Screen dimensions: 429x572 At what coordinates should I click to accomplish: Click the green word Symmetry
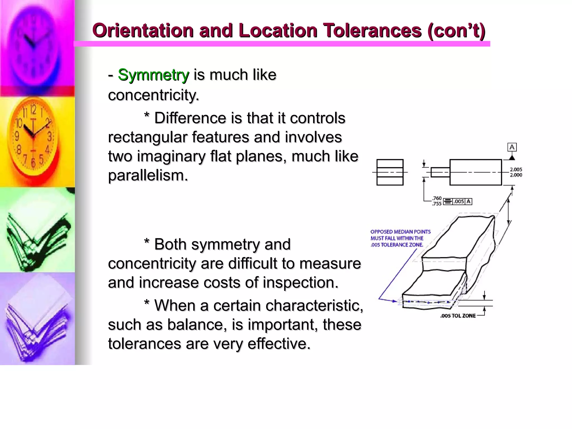tap(153, 75)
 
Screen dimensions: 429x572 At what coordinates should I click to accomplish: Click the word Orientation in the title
tap(143, 30)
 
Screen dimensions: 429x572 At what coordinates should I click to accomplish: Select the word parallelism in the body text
tap(148, 175)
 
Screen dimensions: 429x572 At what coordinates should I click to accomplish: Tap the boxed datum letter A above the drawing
tap(512, 147)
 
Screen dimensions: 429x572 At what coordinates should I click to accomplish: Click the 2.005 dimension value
tap(516, 170)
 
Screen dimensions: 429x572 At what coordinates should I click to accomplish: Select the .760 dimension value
tap(437, 198)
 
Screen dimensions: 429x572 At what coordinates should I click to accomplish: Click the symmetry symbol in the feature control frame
tap(448, 201)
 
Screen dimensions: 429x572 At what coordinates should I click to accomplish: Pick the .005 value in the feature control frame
tap(459, 201)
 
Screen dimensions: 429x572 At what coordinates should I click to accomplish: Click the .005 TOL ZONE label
tap(458, 316)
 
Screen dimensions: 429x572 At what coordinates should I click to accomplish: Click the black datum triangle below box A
tap(512, 158)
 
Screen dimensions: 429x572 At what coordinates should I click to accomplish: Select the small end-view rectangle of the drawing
tap(390, 172)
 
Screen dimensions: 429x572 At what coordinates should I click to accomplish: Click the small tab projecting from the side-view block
tap(440, 172)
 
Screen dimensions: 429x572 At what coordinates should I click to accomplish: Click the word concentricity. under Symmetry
tap(154, 95)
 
